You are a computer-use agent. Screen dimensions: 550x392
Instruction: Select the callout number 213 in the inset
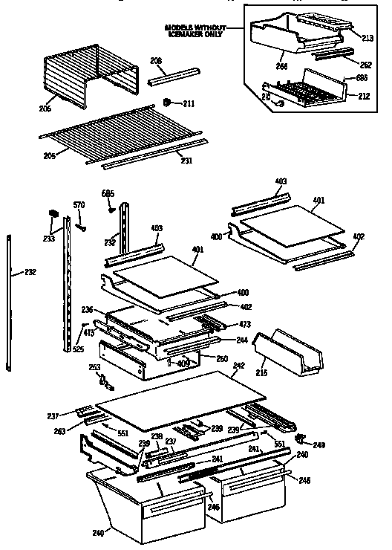point(367,37)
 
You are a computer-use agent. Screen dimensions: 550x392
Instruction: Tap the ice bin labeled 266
point(297,33)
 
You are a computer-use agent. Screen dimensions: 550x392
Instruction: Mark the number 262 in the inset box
point(366,65)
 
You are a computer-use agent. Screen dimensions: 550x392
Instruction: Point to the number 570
point(79,204)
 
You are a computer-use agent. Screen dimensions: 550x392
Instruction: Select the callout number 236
point(87,310)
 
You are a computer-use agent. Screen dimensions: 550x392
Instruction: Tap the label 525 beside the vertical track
point(77,349)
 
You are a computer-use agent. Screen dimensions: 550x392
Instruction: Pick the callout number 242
point(238,366)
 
